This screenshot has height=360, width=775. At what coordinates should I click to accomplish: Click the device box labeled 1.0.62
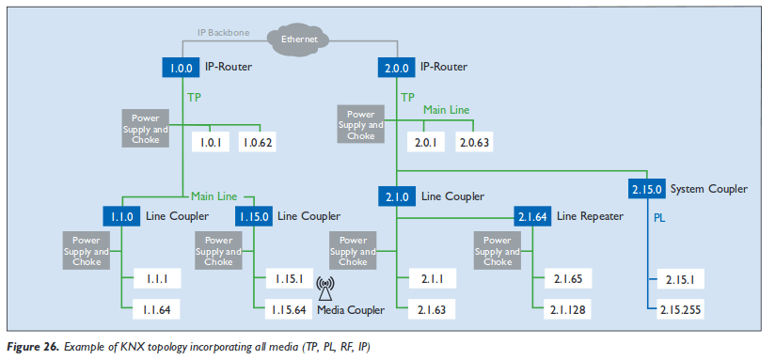257,143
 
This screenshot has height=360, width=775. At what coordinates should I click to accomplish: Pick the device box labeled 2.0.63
474,143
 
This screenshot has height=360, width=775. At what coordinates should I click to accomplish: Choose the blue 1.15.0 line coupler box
253,217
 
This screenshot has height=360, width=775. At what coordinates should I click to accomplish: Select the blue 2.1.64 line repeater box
532,217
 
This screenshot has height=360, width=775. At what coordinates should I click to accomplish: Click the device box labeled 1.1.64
156,308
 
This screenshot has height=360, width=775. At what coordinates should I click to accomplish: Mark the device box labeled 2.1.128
569,308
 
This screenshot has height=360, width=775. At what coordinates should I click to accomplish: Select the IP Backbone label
224,32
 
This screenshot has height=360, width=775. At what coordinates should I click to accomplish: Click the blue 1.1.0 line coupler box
121,217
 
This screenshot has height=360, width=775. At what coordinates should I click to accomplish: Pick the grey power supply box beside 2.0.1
361,124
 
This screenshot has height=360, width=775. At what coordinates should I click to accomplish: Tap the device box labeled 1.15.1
287,279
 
